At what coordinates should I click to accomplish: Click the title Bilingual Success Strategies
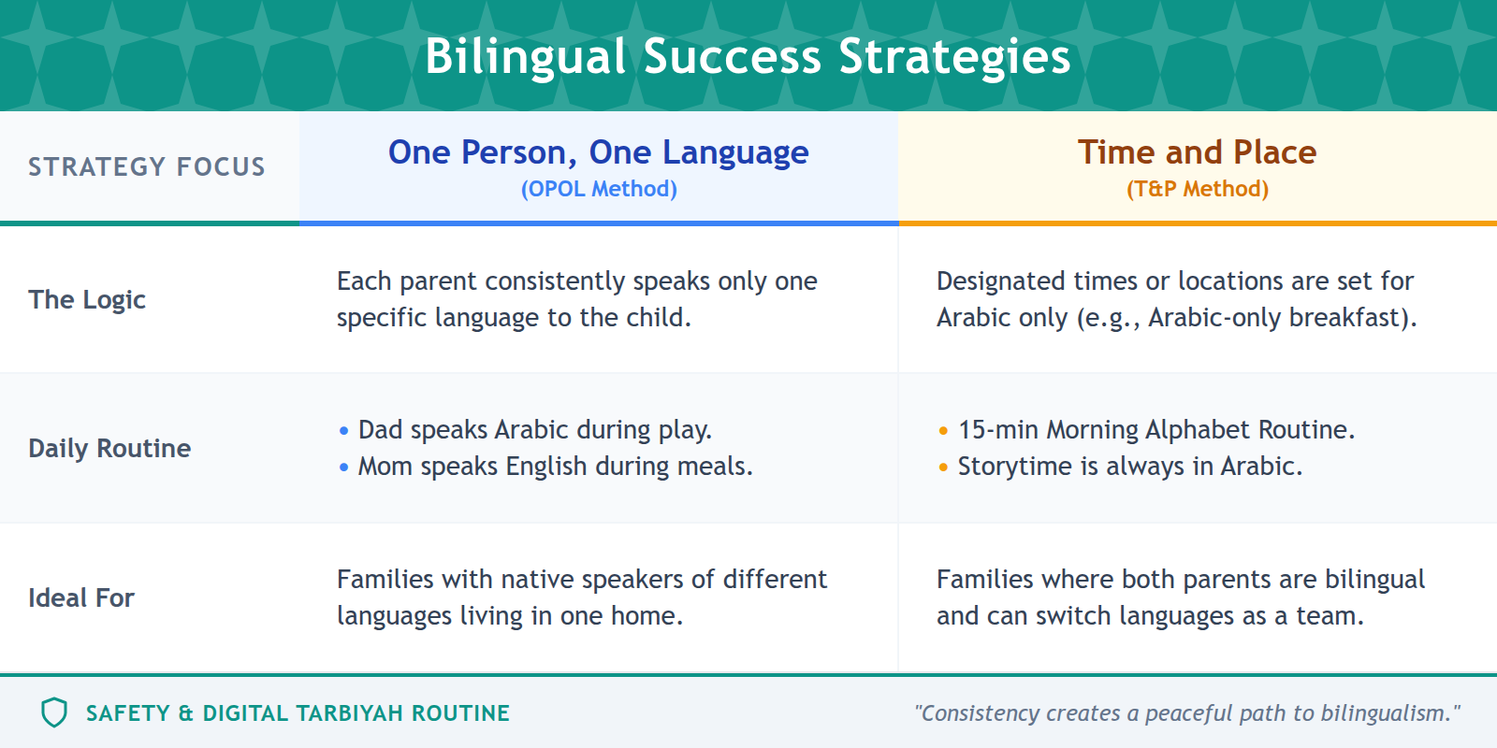(x=748, y=56)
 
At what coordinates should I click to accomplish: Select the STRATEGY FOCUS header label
(x=147, y=166)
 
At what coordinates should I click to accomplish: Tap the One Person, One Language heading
(x=599, y=152)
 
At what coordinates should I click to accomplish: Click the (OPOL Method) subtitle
(x=599, y=189)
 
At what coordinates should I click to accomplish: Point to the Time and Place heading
(x=1197, y=152)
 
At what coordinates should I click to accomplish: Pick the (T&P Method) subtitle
(x=1197, y=189)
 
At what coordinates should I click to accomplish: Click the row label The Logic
(x=87, y=299)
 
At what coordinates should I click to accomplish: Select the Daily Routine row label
(x=109, y=448)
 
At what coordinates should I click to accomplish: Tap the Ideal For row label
(x=81, y=597)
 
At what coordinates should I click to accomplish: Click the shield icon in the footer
(x=54, y=712)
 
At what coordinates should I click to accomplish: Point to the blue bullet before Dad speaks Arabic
(x=343, y=431)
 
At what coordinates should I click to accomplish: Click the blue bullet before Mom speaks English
(x=343, y=467)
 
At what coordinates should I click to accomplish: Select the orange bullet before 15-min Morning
(x=943, y=431)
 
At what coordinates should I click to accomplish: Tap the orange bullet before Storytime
(x=943, y=467)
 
